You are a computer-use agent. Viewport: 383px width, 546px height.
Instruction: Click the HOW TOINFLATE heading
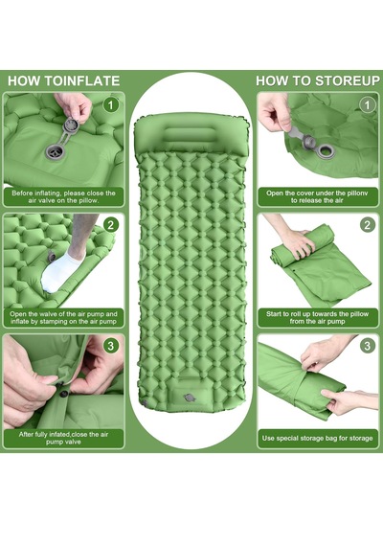coord(64,80)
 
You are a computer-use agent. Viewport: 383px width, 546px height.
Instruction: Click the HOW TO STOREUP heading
coord(318,80)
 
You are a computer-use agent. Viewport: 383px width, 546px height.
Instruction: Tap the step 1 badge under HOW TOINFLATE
coord(111,104)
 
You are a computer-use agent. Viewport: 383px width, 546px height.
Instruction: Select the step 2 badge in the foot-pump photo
coord(111,225)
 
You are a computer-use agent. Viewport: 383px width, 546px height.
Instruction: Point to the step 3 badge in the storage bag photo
coord(368,346)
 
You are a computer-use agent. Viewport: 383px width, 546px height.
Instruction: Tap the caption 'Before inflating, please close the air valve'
coord(63,196)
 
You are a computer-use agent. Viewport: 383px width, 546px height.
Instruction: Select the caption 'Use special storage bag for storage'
coord(318,438)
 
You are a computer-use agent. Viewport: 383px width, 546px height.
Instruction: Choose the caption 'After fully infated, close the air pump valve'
coord(63,438)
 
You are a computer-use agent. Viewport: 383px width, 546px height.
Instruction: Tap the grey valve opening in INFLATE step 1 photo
coord(55,152)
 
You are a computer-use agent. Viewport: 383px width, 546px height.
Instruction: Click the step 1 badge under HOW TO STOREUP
coord(368,104)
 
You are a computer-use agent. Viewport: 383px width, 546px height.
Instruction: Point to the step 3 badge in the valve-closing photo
coord(111,346)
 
